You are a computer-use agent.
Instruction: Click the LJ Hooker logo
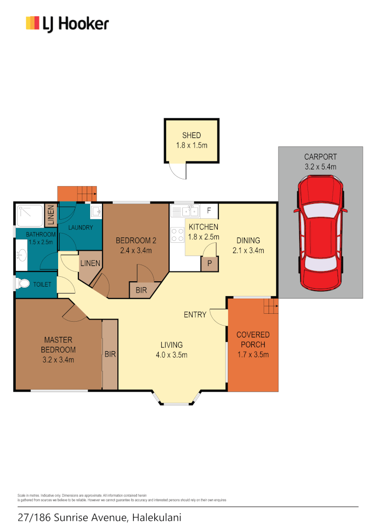point(67,23)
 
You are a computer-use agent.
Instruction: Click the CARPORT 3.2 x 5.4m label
point(320,162)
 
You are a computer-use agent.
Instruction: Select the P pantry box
point(209,264)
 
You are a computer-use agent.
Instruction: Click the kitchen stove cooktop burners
point(177,234)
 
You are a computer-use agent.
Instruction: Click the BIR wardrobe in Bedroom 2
point(141,291)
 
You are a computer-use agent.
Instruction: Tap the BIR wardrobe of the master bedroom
point(109,354)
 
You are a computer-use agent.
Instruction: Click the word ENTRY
point(195,315)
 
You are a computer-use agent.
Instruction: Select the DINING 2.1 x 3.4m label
point(248,245)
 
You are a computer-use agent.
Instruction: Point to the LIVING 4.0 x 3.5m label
point(171,350)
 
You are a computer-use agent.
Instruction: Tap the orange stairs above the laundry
point(77,194)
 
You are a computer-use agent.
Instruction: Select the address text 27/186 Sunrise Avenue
point(73,518)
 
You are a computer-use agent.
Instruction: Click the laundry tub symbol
point(96,212)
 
